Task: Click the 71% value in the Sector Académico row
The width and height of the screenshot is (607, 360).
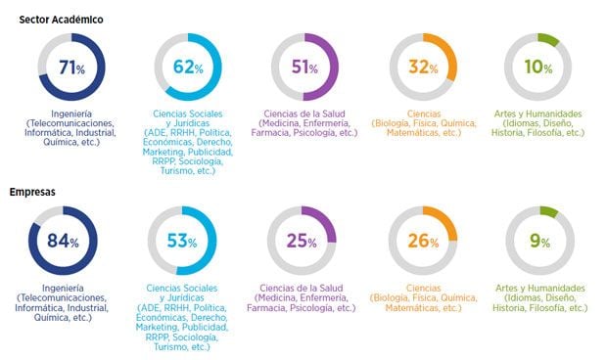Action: coord(72,68)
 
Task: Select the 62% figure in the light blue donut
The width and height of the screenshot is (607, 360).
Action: coord(188,68)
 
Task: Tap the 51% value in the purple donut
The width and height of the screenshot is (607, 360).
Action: coord(304,68)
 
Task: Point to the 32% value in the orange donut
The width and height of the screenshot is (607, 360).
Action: coord(423,68)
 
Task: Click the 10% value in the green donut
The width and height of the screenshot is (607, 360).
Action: coord(538,68)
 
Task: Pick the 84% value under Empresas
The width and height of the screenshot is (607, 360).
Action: coord(72,242)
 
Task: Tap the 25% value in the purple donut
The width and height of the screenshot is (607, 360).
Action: coord(304,242)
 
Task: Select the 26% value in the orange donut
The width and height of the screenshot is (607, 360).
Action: coord(423,242)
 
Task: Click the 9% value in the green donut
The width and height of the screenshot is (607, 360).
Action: coord(539,242)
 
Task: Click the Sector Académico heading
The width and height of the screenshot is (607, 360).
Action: coord(61,19)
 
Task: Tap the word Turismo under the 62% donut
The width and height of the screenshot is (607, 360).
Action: coord(170,171)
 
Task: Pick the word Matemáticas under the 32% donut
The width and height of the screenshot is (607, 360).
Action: coord(410,133)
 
